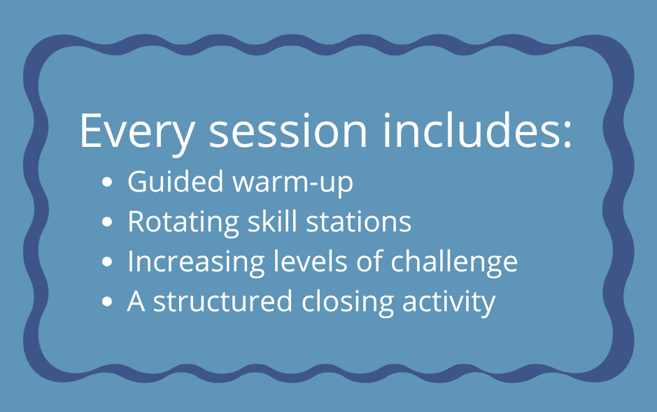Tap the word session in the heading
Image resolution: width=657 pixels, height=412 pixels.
[x=288, y=132]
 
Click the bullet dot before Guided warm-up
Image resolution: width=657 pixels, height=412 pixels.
[x=107, y=182]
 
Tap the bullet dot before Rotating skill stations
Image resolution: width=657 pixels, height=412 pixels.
[x=107, y=222]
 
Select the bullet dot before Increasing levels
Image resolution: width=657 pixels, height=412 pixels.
[x=107, y=262]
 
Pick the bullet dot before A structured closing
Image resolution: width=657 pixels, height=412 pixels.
[x=107, y=301]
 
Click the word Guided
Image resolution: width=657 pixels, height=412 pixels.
[x=176, y=181]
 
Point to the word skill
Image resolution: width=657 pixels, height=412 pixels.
[x=272, y=220]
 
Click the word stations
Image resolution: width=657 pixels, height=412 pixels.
[x=359, y=222]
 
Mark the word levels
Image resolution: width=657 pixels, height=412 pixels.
[x=311, y=260]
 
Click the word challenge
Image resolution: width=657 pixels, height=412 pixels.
[x=454, y=262]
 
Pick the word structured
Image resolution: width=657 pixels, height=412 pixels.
[x=222, y=301]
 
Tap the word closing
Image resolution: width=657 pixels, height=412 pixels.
[x=348, y=303]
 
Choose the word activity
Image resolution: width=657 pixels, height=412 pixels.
[x=448, y=303]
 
